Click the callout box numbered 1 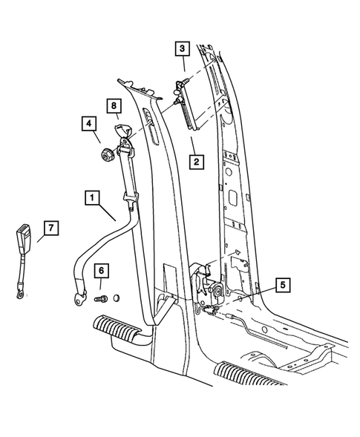coord(91,197)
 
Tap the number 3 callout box coord(181,50)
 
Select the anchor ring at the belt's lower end coord(78,300)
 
